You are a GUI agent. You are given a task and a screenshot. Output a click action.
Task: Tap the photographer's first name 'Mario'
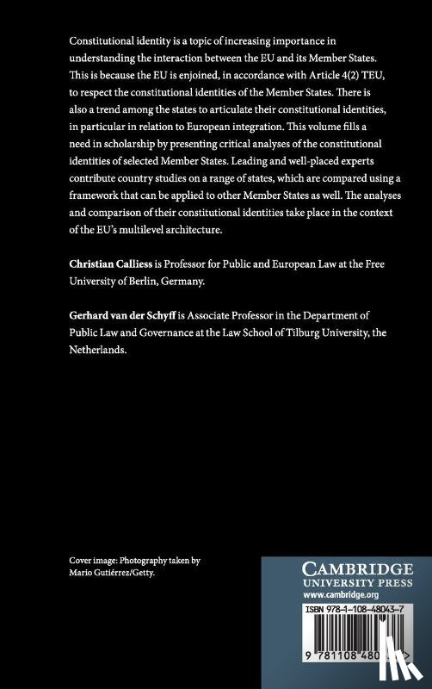click(82, 573)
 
